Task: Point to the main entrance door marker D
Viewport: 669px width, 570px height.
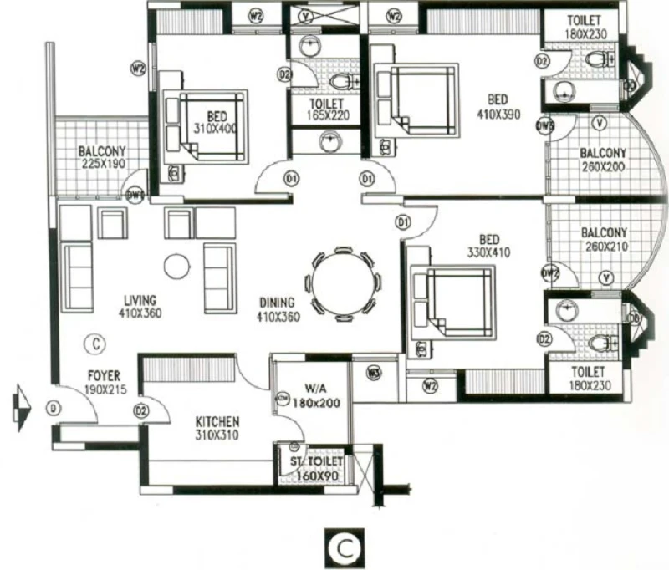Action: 54,409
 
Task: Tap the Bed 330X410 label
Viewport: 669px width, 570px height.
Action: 487,244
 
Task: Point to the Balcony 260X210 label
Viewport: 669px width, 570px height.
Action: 604,239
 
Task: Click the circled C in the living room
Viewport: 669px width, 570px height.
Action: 96,343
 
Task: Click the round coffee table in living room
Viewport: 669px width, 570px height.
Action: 176,267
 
